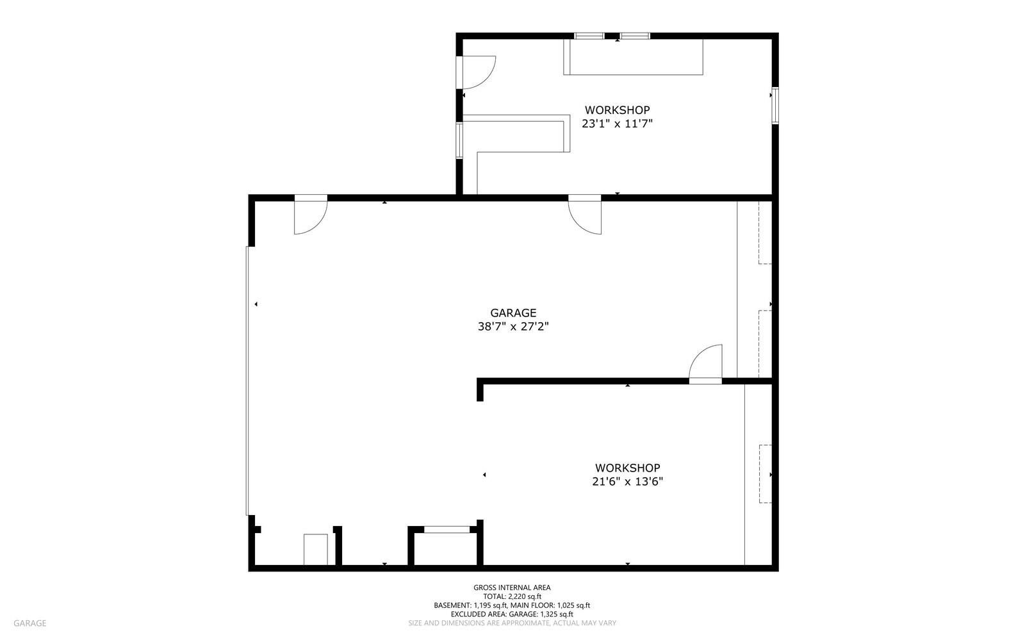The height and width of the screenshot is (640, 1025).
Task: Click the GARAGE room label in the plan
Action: (x=513, y=313)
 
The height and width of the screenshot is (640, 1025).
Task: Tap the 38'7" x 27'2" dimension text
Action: (x=513, y=327)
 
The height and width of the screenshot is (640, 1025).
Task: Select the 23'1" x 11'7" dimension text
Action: (x=617, y=124)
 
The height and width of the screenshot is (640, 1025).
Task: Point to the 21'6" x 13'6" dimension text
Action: (x=627, y=482)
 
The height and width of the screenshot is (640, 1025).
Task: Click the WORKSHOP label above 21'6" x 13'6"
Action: (x=627, y=468)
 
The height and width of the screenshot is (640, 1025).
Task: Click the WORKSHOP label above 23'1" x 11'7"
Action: (x=617, y=110)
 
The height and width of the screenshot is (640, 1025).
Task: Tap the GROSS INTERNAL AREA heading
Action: (x=512, y=587)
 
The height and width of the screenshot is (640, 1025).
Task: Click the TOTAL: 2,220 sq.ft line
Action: (x=512, y=596)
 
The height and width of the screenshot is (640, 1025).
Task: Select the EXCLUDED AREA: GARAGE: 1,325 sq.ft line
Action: (x=512, y=614)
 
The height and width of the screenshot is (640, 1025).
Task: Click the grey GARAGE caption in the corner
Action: (x=29, y=623)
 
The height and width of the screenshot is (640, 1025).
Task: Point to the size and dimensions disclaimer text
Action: (x=512, y=623)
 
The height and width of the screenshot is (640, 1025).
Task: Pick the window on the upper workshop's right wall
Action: (x=775, y=106)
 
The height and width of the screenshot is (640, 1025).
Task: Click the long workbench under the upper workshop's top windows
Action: (x=634, y=57)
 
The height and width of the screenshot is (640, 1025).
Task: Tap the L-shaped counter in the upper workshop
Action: (x=517, y=137)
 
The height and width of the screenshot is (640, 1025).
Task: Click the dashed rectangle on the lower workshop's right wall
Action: (x=765, y=474)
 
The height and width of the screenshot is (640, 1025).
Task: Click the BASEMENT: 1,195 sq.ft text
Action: (x=470, y=605)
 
